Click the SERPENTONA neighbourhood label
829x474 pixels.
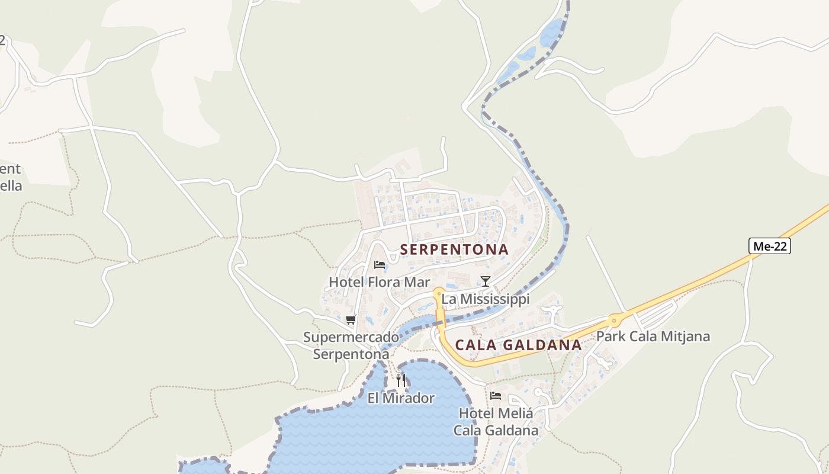pyautogui.click(x=454, y=249)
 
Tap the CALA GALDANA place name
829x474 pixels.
pyautogui.click(x=518, y=345)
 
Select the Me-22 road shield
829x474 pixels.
pyautogui.click(x=769, y=246)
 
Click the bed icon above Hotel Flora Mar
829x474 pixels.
pyautogui.click(x=380, y=264)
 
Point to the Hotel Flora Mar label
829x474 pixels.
pyautogui.click(x=379, y=282)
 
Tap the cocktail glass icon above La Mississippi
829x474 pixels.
pyautogui.click(x=486, y=281)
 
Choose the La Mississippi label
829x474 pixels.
pyautogui.click(x=486, y=299)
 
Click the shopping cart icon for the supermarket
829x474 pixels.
pyautogui.click(x=351, y=320)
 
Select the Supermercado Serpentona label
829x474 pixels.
pyautogui.click(x=351, y=345)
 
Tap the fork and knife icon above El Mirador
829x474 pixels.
pyautogui.click(x=401, y=380)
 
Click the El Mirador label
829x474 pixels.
pyautogui.click(x=401, y=398)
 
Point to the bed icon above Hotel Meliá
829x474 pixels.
pyautogui.click(x=496, y=395)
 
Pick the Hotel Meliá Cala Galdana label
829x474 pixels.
pyautogui.click(x=496, y=422)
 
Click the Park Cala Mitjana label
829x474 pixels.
pyautogui.click(x=653, y=337)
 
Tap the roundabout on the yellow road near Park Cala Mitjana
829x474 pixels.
pyautogui.click(x=614, y=321)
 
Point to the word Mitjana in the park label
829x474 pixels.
pyautogui.click(x=685, y=337)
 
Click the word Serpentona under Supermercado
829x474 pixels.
pyautogui.click(x=351, y=354)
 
